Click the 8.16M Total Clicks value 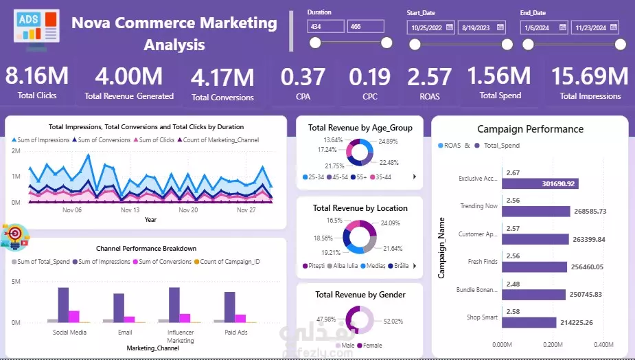(x=36, y=75)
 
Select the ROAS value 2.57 (x=429, y=76)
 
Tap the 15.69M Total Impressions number (x=590, y=76)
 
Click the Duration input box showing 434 (x=325, y=26)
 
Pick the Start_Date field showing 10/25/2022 (x=430, y=27)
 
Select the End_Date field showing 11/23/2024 (x=594, y=27)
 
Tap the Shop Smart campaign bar (x=529, y=322)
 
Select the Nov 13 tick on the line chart (x=130, y=210)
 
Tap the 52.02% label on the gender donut (x=393, y=321)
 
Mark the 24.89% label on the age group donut (x=389, y=142)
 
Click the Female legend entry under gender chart (x=371, y=345)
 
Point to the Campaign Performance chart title (x=530, y=129)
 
